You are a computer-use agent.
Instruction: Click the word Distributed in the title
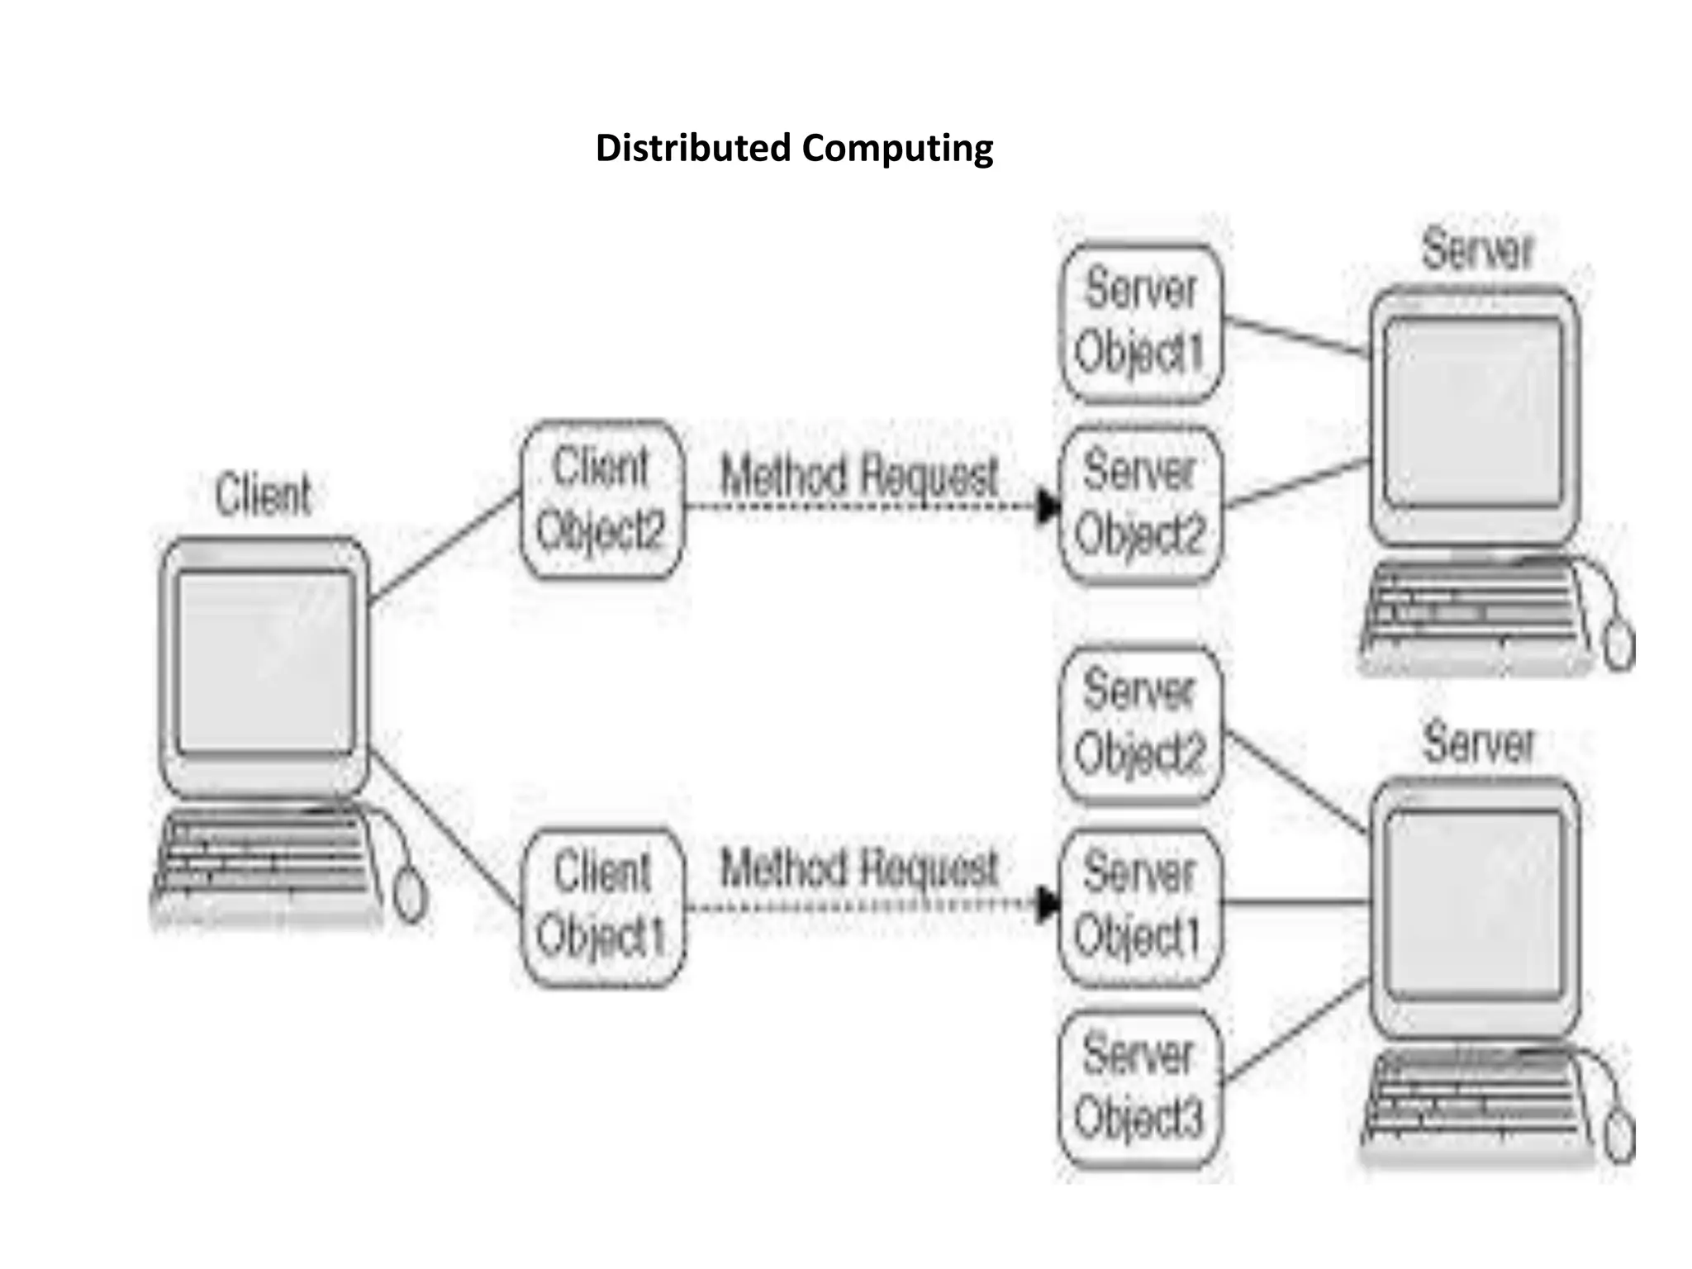click(x=692, y=149)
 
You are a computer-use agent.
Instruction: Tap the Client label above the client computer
click(x=263, y=494)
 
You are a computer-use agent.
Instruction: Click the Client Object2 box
click(x=601, y=499)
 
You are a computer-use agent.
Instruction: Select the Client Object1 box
click(x=602, y=906)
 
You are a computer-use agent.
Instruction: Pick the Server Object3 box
click(x=1139, y=1089)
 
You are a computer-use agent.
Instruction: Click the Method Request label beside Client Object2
click(x=859, y=476)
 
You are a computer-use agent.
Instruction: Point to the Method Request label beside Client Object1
click(x=859, y=869)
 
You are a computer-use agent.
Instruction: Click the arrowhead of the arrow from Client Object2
click(x=1048, y=506)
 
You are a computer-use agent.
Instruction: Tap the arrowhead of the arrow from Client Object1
click(x=1048, y=905)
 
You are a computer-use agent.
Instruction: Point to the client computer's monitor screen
click(x=266, y=661)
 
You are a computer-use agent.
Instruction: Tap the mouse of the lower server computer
click(x=1619, y=1137)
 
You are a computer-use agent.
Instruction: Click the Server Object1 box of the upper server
click(x=1140, y=322)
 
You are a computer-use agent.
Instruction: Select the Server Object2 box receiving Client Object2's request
click(x=1140, y=504)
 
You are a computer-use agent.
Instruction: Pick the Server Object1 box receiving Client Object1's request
click(x=1140, y=906)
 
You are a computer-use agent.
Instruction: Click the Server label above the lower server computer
click(x=1477, y=742)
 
